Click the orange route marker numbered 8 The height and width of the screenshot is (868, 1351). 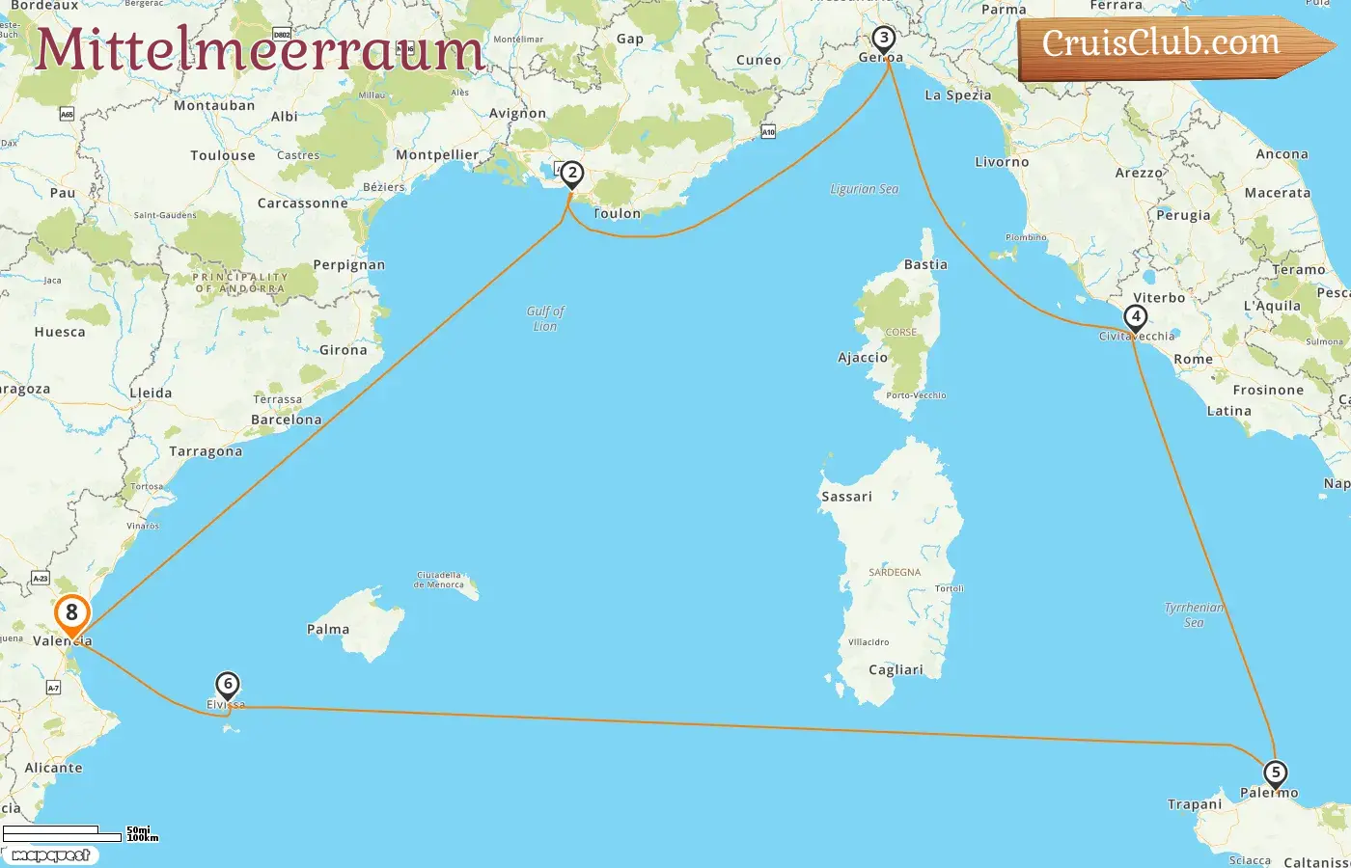coord(71,613)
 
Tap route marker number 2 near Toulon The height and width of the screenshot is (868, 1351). coord(572,174)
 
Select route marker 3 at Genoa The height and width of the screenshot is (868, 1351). coord(883,39)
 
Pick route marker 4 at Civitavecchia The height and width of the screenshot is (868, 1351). coord(1136,316)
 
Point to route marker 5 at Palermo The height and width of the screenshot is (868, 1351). coord(1275,773)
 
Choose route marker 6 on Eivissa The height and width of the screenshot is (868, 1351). coord(227,685)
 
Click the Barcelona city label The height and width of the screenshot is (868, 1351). coord(286,420)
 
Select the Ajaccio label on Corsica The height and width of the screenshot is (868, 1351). coord(862,358)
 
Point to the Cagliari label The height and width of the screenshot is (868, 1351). coord(896,670)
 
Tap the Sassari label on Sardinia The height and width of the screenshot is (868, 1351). coord(846,497)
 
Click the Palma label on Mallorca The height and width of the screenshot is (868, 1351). coord(328,630)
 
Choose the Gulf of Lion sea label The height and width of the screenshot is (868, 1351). coord(545,318)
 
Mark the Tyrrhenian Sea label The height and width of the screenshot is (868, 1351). coord(1194,614)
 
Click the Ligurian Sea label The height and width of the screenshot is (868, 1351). coord(864,189)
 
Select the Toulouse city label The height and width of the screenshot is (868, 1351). coord(223,155)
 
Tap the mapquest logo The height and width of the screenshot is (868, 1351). coord(50,855)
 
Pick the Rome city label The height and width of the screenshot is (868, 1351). coord(1193,360)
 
